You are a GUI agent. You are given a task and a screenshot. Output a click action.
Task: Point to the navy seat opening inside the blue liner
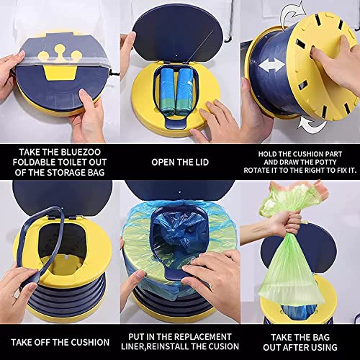180,252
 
